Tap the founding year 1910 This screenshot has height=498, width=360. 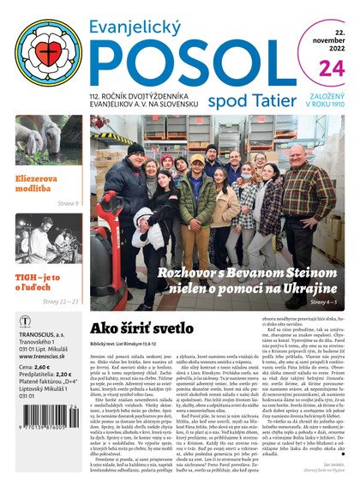338,109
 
